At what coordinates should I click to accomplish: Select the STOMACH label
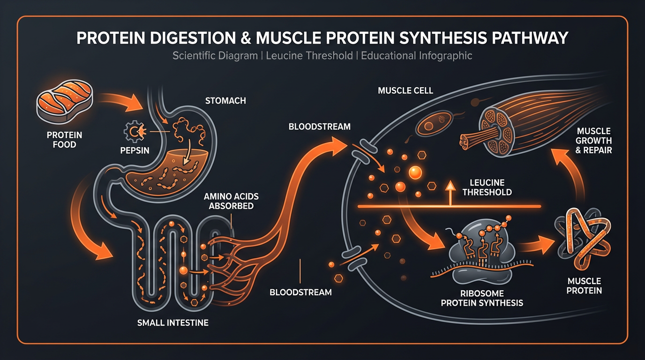tap(225, 101)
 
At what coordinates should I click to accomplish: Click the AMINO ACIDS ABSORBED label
tap(231, 201)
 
